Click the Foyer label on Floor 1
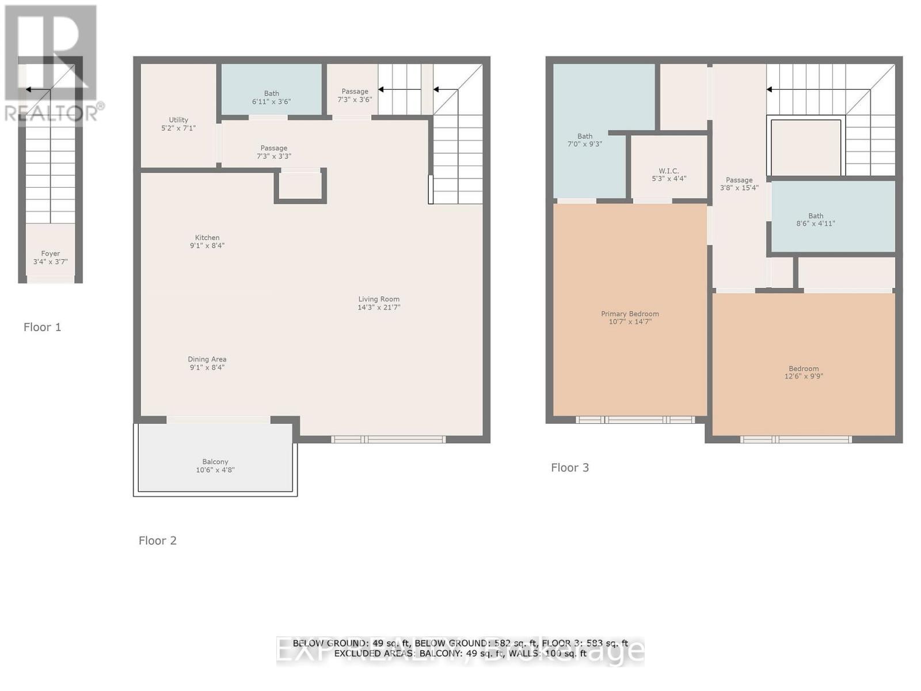[50, 253]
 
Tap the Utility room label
[178, 120]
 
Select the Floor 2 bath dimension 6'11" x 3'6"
[271, 101]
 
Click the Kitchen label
[207, 237]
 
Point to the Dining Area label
[207, 359]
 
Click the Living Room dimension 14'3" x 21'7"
[379, 307]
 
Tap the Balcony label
[215, 462]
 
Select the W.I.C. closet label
[669, 171]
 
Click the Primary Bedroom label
[630, 314]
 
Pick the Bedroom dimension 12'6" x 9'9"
[804, 377]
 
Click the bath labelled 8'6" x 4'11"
[816, 220]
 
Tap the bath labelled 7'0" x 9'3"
[585, 141]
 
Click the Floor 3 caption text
[570, 468]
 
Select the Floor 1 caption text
[42, 327]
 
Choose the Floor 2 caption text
[157, 540]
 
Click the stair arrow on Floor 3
[770, 89]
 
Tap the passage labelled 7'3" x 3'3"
[273, 152]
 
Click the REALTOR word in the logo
[51, 113]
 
